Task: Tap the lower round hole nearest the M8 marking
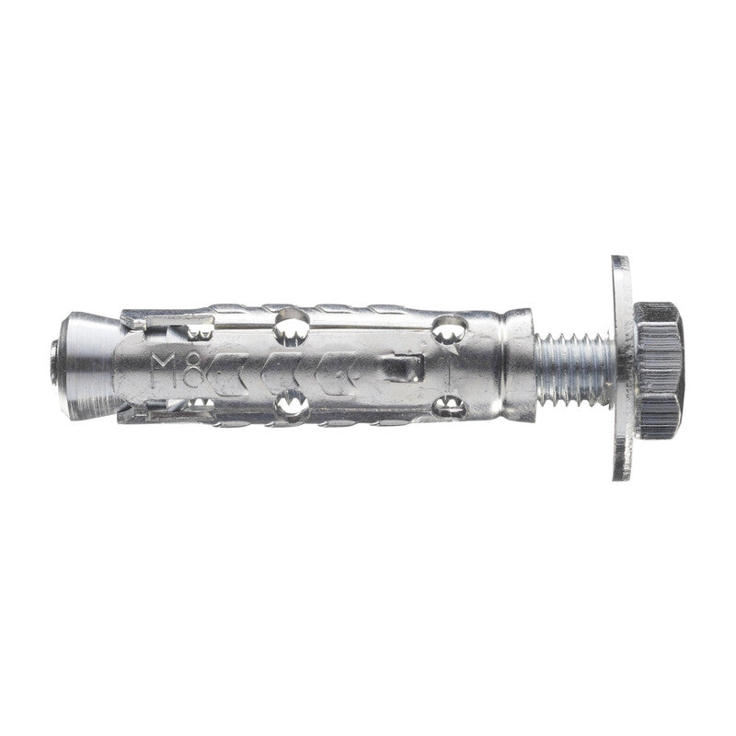(x=293, y=401)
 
